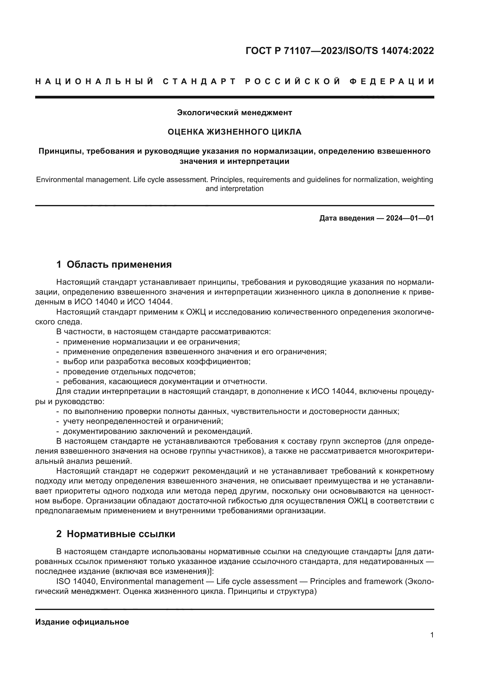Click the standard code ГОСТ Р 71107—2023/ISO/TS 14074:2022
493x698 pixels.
click(340, 51)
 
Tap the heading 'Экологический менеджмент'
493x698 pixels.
click(234, 113)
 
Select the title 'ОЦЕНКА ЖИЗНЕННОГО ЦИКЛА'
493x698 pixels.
click(234, 132)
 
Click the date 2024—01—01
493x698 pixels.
click(410, 218)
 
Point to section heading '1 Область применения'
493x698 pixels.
click(114, 264)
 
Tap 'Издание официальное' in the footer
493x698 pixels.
click(82, 622)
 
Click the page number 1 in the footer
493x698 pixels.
click(432, 635)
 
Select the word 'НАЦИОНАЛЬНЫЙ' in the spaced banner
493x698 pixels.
click(95, 81)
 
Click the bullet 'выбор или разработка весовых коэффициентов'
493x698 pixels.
click(157, 362)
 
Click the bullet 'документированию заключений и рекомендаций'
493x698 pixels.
click(158, 432)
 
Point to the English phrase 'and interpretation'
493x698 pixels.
click(234, 189)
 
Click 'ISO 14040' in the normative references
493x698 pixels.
click(76, 582)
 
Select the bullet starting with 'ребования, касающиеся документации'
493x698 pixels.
click(165, 382)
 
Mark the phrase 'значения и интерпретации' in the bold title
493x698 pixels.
click(234, 161)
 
